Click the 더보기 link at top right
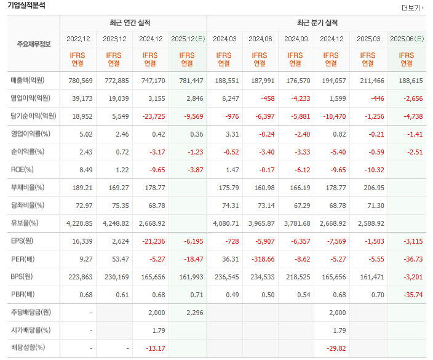pyautogui.click(x=411, y=8)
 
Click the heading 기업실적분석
pyautogui.click(x=26, y=6)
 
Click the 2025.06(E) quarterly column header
pyautogui.click(x=407, y=39)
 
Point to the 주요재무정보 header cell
pyautogui.click(x=34, y=44)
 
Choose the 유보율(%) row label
pyautogui.click(x=25, y=223)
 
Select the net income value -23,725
pyautogui.click(x=151, y=116)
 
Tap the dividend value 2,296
pyautogui.click(x=187, y=313)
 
